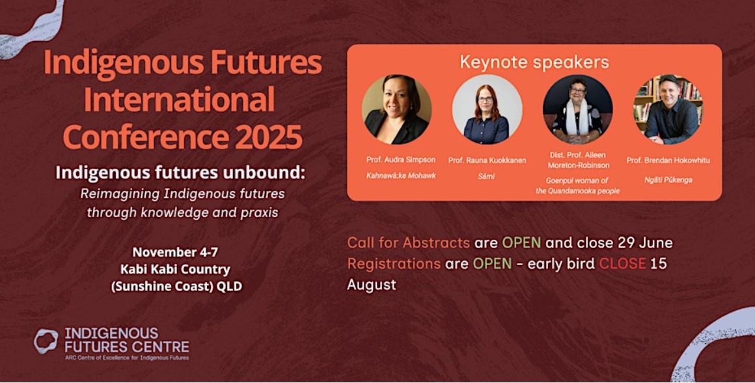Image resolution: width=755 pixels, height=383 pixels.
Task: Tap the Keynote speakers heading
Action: tap(534, 62)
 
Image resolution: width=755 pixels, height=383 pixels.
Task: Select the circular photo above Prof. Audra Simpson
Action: tap(396, 109)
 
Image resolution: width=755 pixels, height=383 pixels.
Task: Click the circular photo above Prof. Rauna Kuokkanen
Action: tap(487, 109)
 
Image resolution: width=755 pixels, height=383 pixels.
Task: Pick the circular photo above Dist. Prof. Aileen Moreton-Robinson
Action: tap(577, 109)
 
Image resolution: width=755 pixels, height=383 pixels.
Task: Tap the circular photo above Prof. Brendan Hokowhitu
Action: tap(668, 109)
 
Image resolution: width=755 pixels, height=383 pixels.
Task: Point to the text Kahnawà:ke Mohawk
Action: tap(401, 176)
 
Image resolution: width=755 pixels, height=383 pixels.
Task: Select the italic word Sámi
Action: tap(486, 177)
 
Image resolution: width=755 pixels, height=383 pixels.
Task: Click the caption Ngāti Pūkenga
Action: tap(668, 180)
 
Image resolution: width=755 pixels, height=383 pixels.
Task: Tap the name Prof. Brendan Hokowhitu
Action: tap(668, 160)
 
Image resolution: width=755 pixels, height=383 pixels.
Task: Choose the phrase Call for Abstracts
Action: tap(408, 242)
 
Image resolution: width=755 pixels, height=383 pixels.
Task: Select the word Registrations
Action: tap(394, 264)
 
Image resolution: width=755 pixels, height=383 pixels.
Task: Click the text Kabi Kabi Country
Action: tap(176, 269)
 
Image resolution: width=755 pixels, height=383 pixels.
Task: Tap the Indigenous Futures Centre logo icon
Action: tap(46, 341)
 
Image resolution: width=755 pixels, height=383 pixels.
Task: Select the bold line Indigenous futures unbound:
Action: tap(180, 173)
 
